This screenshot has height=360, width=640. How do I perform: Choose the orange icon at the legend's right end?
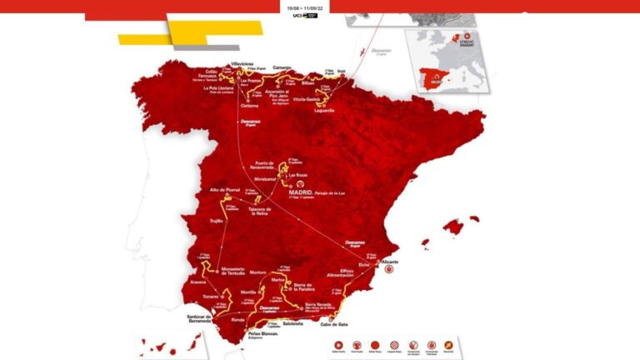(x=448, y=344)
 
